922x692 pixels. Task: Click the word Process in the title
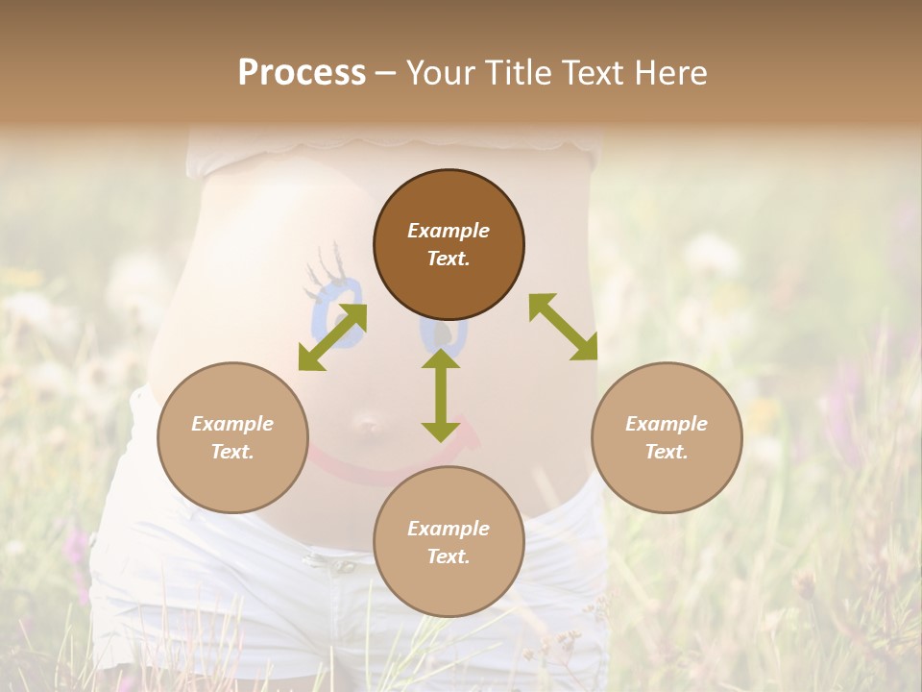click(x=302, y=73)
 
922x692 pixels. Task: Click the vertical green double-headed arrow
click(x=440, y=395)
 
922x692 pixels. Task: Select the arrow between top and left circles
click(x=332, y=336)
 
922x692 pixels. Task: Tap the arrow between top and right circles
click(x=563, y=328)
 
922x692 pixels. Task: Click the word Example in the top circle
click(x=449, y=231)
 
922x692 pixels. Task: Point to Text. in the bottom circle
click(x=449, y=556)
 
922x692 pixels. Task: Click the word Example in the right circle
click(x=667, y=424)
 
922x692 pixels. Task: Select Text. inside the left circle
click(x=232, y=452)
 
